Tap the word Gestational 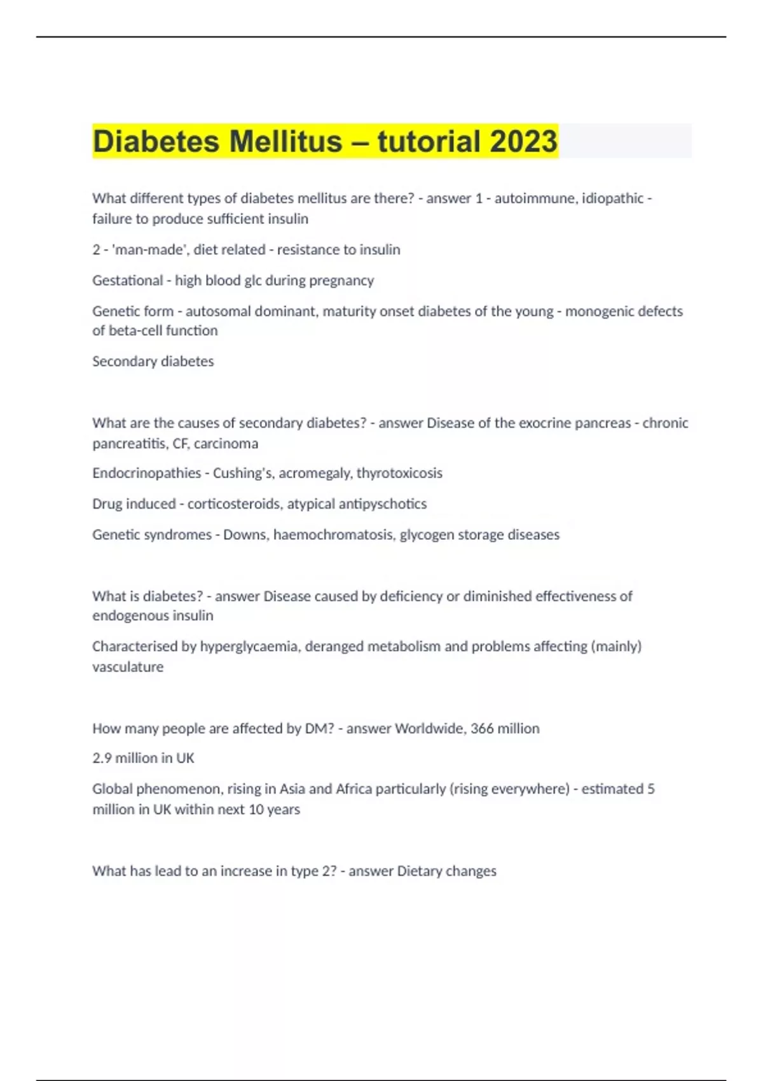pos(127,280)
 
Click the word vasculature pos(128,667)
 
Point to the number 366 pos(482,729)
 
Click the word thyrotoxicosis pos(399,473)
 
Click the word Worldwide pos(430,729)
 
